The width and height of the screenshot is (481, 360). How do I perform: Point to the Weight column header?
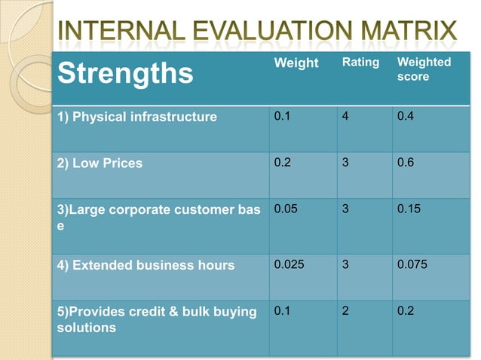pos(296,63)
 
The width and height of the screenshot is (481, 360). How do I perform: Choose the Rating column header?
pos(360,63)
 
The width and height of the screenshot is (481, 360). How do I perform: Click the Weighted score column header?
pos(423,69)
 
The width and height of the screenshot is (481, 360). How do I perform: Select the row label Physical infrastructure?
pos(137,117)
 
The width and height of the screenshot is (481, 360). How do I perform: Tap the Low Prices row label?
pos(100,163)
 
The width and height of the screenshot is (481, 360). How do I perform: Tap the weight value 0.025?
pos(290,265)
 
